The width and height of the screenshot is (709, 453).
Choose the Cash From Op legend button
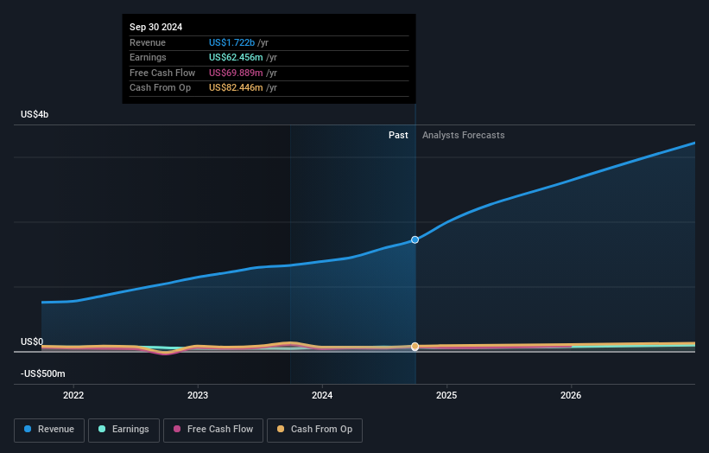[314, 429]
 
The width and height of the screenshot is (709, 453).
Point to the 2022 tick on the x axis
[74, 395]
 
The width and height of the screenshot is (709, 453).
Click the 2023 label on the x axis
[198, 395]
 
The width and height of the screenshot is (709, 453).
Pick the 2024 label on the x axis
[322, 395]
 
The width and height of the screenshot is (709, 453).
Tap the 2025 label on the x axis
[446, 395]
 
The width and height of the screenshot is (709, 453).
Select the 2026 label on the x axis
[571, 395]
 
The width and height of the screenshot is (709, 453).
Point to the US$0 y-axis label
[32, 341]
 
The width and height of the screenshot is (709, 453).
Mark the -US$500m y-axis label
[42, 373]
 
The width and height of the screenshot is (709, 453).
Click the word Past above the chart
[398, 135]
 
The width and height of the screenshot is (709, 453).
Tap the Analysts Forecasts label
[463, 135]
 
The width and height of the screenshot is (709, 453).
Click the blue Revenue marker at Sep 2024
[415, 239]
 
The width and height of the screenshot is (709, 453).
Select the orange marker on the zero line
[415, 347]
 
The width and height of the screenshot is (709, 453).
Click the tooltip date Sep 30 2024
[156, 28]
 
